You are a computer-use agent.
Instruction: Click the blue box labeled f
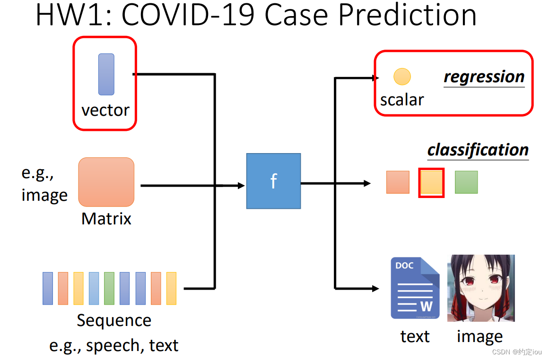[x=273, y=181]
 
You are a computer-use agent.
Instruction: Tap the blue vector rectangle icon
[x=106, y=74]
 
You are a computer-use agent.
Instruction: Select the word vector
[x=105, y=110]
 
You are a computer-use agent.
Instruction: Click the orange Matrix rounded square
[x=106, y=182]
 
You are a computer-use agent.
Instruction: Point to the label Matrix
[x=106, y=219]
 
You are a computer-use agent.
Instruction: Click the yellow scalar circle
[x=402, y=76]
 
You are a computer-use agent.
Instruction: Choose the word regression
[x=484, y=77]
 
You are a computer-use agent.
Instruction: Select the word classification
[x=478, y=150]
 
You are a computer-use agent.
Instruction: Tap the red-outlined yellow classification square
[x=431, y=182]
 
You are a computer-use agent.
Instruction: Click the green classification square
[x=466, y=182]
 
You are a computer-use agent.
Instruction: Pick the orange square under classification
[x=398, y=182]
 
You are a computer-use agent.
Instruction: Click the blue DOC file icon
[x=415, y=288]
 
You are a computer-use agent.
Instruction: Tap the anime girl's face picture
[x=481, y=288]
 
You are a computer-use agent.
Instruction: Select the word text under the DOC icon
[x=415, y=336]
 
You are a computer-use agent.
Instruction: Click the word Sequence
[x=114, y=320]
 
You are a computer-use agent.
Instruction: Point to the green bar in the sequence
[x=109, y=288]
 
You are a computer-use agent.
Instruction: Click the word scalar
[x=402, y=100]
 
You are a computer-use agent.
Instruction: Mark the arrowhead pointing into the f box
[x=241, y=186]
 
